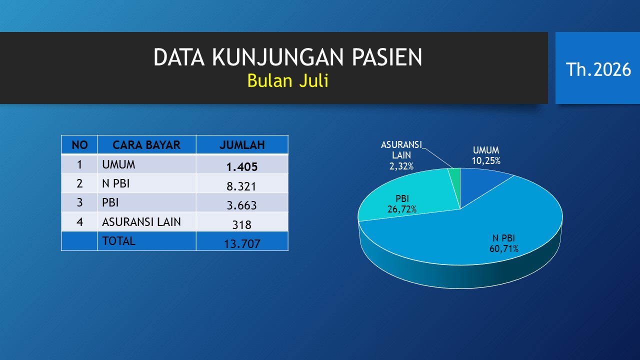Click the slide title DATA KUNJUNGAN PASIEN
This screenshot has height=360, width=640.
pyautogui.click(x=287, y=57)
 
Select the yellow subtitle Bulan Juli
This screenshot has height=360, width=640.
pyautogui.click(x=287, y=80)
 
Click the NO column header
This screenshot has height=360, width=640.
pyautogui.click(x=79, y=145)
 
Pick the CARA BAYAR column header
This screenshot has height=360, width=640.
pyautogui.click(x=146, y=145)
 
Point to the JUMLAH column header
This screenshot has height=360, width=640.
pyautogui.click(x=242, y=145)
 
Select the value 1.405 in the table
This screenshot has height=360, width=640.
pyautogui.click(x=242, y=167)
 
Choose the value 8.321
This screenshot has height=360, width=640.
pyautogui.click(x=241, y=186)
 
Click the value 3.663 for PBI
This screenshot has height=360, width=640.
pyautogui.click(x=241, y=205)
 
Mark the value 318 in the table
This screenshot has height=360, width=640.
pyautogui.click(x=241, y=225)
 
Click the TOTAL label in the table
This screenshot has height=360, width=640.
pyautogui.click(x=118, y=241)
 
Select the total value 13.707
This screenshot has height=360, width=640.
pyautogui.click(x=242, y=243)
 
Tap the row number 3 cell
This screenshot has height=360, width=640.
pyautogui.click(x=79, y=202)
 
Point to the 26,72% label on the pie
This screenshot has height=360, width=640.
pyautogui.click(x=401, y=209)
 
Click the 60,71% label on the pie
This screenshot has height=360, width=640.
pyautogui.click(x=503, y=249)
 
